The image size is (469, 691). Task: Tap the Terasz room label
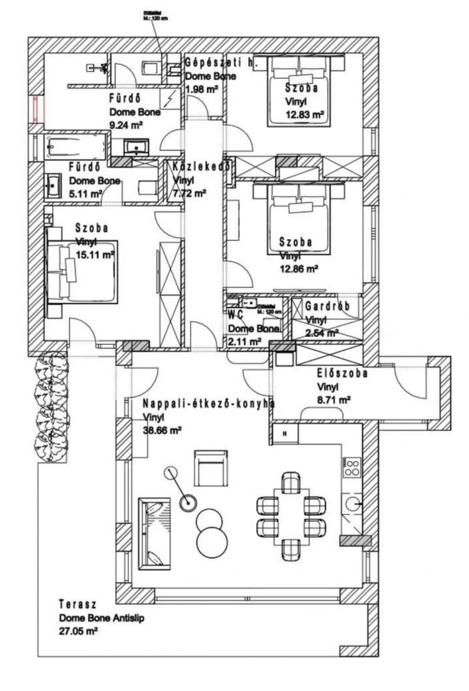(x=77, y=604)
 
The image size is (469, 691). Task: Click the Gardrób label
(x=327, y=306)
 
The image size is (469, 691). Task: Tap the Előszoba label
(x=342, y=374)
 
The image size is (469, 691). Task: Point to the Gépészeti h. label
(x=221, y=63)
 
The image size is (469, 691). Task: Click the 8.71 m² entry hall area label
(x=333, y=400)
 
